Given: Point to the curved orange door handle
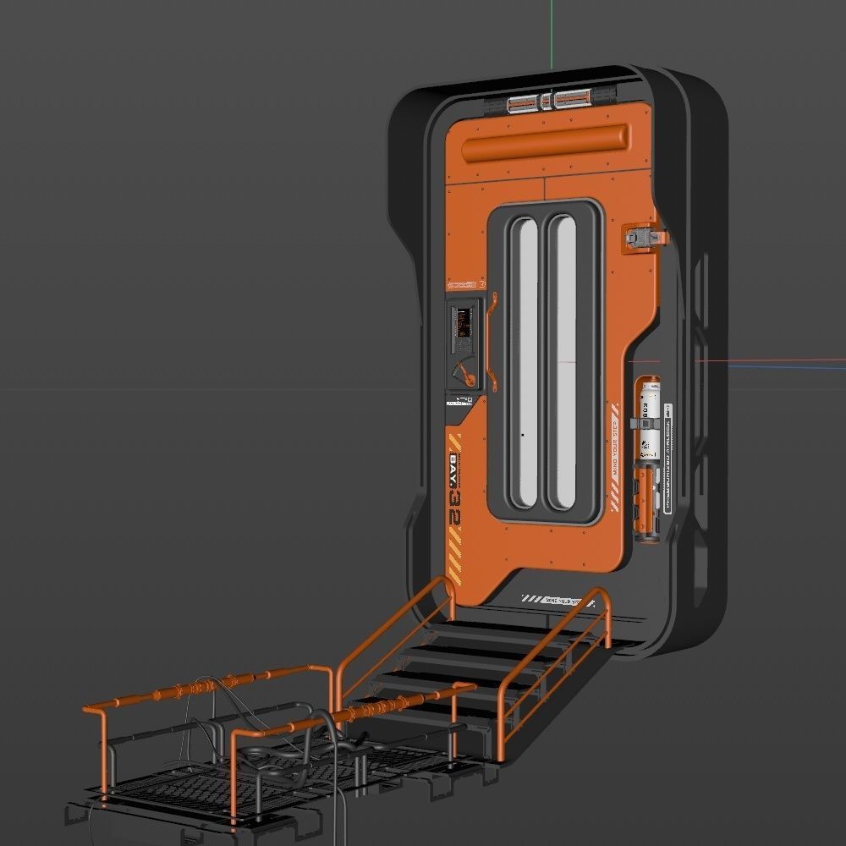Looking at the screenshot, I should click(x=491, y=338).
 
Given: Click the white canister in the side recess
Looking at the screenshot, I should click(x=650, y=419).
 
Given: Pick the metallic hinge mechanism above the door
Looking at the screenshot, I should click(x=547, y=103).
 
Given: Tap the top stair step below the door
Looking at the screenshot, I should click(x=525, y=627).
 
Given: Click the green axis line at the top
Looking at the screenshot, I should click(x=551, y=34).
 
